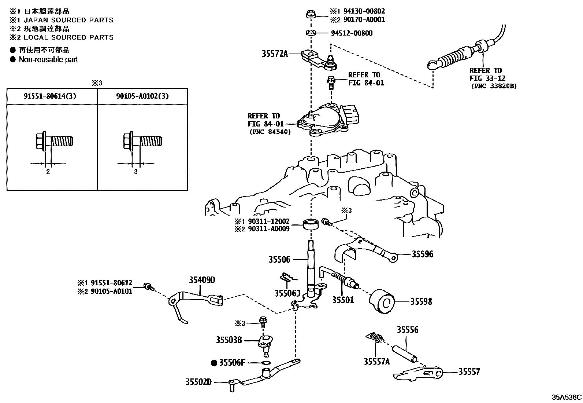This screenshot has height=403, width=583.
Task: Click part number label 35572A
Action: [x=275, y=54]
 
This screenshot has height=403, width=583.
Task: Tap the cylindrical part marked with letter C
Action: [x=382, y=301]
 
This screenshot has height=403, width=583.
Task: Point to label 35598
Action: [x=421, y=301]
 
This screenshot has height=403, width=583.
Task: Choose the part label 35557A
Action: [x=376, y=362]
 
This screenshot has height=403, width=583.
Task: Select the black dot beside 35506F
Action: [x=214, y=363]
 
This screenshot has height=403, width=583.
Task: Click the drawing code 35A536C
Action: [x=567, y=397]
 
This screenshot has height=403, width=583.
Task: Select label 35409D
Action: [x=202, y=280]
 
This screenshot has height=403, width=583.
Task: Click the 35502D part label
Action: [x=198, y=382]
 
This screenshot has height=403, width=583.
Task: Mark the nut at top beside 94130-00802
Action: [x=309, y=15]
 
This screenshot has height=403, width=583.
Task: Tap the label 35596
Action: [x=422, y=254]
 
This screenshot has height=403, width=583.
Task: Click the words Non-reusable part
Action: [x=48, y=59]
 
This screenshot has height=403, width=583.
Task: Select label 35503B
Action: [x=229, y=340]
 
